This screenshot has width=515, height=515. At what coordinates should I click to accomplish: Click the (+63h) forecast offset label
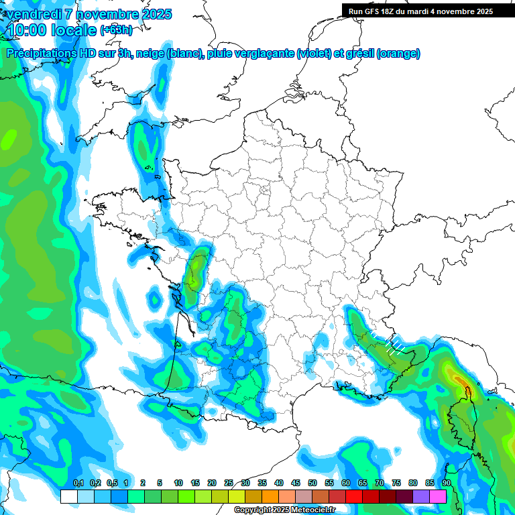pos(115,30)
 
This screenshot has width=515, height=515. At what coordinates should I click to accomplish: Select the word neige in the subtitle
pos(150,54)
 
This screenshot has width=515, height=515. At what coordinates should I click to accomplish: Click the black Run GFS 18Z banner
pos(420,11)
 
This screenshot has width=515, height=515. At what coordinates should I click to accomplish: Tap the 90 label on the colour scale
pos(446,483)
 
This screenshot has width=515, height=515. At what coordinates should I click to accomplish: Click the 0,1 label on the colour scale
pos(78,483)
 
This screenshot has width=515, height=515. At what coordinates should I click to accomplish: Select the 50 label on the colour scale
pos(312,483)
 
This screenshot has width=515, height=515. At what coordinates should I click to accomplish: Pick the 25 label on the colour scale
pos(229,483)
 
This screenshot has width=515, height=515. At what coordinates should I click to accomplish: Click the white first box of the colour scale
pos(68,496)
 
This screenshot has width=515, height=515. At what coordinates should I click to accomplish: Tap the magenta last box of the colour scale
pos(438,496)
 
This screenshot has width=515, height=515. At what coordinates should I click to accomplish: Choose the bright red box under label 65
pos(354,496)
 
